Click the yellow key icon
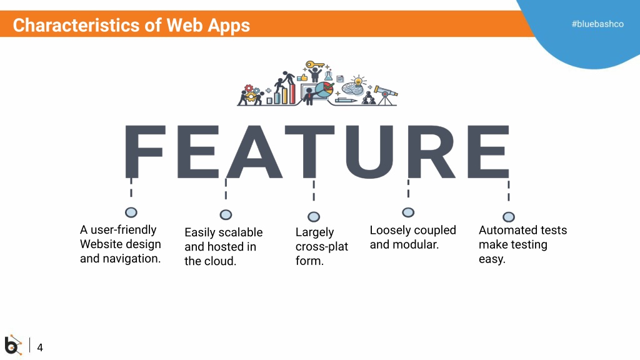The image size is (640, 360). (315, 64)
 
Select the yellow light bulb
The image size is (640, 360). (358, 81)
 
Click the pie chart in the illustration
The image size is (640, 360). (324, 90)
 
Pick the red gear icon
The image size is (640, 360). (249, 88)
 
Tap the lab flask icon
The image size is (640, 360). (329, 76)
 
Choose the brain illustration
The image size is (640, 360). (352, 89)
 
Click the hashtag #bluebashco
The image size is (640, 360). (597, 24)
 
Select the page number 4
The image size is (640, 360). (40, 347)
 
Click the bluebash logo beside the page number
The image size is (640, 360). (13, 345)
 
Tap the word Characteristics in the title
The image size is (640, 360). (76, 25)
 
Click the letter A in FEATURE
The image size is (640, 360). (254, 152)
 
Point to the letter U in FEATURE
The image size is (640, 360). (369, 152)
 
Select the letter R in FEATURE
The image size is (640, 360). (431, 152)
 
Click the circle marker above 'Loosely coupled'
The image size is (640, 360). (408, 212)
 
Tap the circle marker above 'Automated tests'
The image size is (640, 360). (509, 217)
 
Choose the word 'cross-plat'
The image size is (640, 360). (322, 246)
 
